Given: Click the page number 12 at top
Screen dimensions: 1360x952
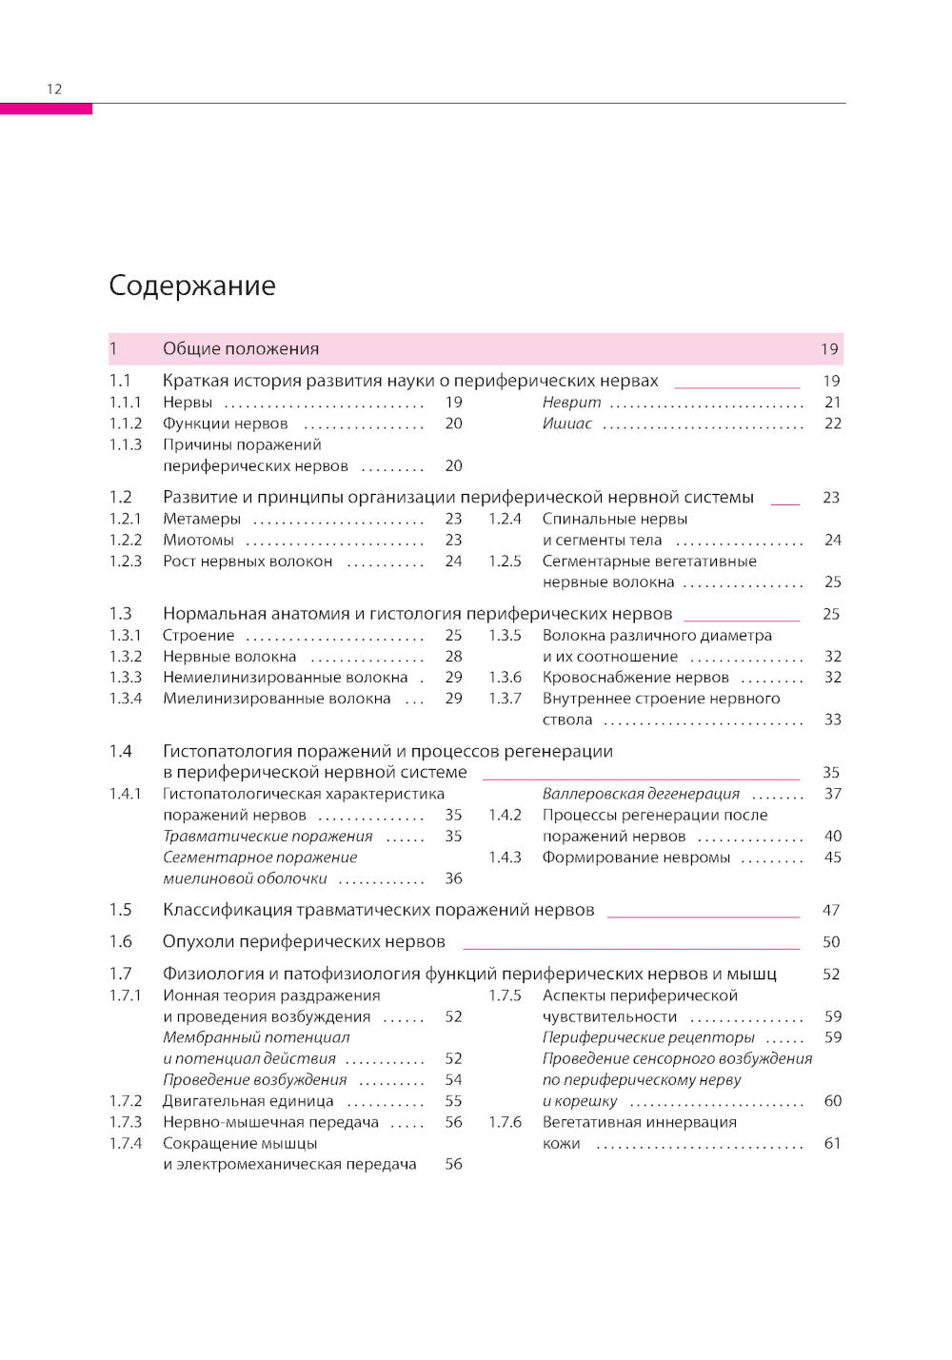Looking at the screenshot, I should [x=54, y=89].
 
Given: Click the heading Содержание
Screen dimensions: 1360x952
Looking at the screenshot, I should [x=192, y=286].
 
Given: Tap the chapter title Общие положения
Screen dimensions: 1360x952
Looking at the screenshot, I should [x=241, y=349].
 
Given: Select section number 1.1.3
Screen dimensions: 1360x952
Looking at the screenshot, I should [x=126, y=444].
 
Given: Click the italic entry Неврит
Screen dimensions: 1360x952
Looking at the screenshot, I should [x=571, y=403].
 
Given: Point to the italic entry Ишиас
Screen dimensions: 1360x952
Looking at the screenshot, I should [x=566, y=424].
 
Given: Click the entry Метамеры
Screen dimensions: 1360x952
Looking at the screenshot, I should [x=202, y=519].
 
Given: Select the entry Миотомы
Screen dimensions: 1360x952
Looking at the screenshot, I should [x=198, y=540].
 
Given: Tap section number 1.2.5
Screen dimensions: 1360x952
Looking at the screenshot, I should [x=505, y=562].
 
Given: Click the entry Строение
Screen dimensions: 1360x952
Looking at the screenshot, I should [x=198, y=636].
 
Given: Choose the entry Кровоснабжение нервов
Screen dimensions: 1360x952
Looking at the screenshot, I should [x=635, y=678].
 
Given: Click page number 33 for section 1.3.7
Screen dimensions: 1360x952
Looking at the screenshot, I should [x=832, y=720].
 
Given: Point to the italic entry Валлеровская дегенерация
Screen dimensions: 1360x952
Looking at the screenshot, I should [x=641, y=794].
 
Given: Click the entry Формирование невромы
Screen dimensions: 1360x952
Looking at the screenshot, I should [x=636, y=857].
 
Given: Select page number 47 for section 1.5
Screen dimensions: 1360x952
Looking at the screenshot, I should [x=831, y=911].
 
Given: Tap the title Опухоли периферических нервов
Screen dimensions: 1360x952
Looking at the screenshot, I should [x=304, y=942].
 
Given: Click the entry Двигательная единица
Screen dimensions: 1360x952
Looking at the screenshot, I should [x=248, y=1101].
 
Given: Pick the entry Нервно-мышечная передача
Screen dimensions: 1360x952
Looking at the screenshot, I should [x=270, y=1122].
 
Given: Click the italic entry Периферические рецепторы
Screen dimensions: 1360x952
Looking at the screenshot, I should [x=648, y=1037].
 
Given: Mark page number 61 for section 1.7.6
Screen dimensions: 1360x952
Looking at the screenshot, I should [x=832, y=1143].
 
